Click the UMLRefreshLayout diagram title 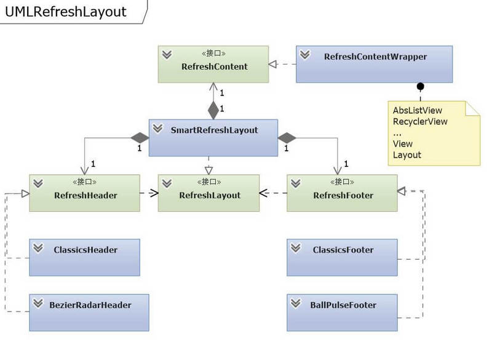66,12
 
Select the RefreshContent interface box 213,64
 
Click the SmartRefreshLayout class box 213,137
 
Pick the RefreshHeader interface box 84,193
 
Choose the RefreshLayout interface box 209,193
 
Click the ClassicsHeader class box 84,257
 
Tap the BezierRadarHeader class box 84,312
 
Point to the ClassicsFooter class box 342,257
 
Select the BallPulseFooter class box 342,312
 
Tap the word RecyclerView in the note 420,121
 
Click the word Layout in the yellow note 407,154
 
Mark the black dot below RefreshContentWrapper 421,86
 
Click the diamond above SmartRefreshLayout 213,111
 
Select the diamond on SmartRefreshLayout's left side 140,137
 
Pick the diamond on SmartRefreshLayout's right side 287,137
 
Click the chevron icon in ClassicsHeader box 38,248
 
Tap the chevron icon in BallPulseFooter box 296,303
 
